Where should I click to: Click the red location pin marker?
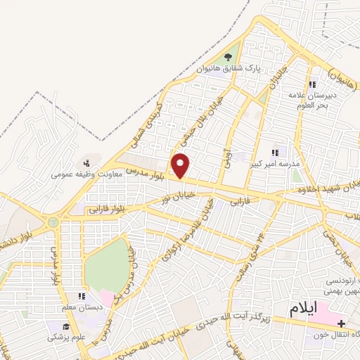(181, 166)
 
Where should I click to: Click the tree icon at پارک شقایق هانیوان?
(227, 57)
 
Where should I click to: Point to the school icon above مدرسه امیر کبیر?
(276, 152)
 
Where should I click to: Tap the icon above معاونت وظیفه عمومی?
(86, 163)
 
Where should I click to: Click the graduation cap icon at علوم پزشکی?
(66, 326)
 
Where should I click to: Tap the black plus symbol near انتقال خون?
(341, 324)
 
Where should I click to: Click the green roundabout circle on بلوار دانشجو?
(53, 221)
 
